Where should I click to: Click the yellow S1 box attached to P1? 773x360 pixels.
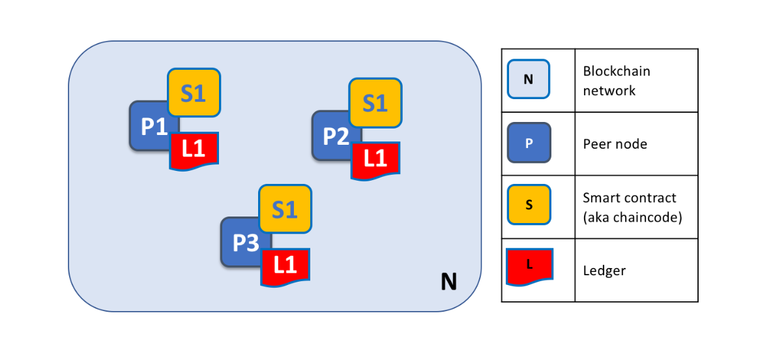pos(194,93)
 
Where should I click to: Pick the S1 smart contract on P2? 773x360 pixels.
pos(375,102)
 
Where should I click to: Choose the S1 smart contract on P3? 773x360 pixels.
pos(285,209)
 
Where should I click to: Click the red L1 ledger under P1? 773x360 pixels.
pos(194,150)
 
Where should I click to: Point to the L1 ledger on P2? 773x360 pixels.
pos(375,160)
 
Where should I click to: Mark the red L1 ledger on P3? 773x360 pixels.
pos(285,266)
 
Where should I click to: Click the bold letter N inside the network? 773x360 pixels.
pos(448,282)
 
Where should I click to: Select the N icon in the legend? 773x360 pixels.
pos(529,80)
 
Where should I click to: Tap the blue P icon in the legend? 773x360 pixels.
pos(529,142)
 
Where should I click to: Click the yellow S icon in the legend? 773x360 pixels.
pos(529,205)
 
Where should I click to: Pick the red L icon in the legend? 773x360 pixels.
pos(529,266)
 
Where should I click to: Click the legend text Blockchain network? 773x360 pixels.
pos(617,81)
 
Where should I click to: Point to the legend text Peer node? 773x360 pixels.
pos(615,143)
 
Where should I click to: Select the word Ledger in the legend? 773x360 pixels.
pos(604,270)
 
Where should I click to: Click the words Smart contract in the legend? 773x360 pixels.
pos(630,198)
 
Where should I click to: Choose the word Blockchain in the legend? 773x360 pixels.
pos(617,71)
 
